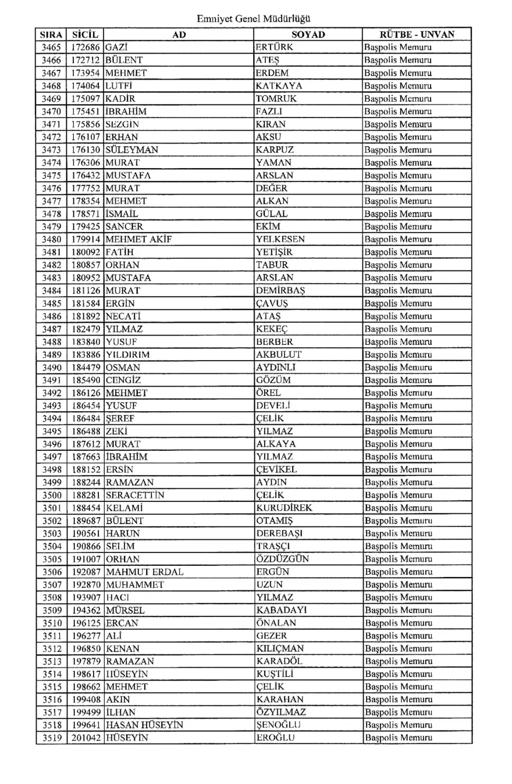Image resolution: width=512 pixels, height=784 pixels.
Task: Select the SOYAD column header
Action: [308, 35]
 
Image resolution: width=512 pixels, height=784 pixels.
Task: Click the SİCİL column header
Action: [86, 35]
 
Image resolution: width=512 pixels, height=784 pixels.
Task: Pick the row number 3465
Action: [52, 47]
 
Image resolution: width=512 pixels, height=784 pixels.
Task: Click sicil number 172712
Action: [86, 60]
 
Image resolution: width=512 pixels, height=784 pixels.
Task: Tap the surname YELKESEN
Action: [280, 239]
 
